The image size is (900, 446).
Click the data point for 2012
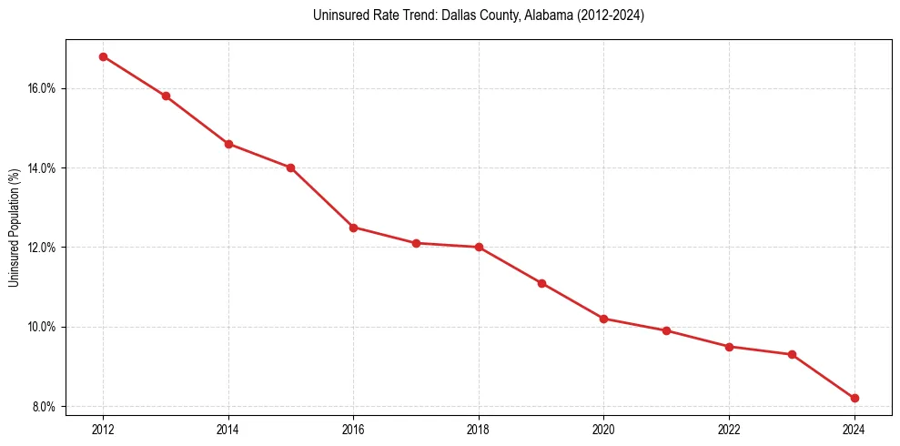click(103, 56)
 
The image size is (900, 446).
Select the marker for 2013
click(166, 96)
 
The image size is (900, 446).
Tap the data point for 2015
click(291, 167)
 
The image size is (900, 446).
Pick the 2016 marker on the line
click(353, 228)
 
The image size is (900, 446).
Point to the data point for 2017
click(416, 243)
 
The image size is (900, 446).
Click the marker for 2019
click(541, 283)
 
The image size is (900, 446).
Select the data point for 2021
click(666, 330)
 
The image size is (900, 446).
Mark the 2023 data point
click(792, 354)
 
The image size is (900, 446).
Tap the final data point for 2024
click(854, 398)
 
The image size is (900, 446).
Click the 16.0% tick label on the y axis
click(43, 88)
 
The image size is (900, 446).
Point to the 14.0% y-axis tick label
click(43, 168)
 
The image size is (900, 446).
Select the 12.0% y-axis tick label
click(43, 248)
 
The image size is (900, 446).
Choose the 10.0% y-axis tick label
click(43, 327)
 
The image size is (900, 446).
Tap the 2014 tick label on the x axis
click(228, 429)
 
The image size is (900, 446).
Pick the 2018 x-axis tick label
click(479, 429)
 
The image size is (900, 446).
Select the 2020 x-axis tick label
click(604, 429)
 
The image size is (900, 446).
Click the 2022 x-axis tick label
click(729, 429)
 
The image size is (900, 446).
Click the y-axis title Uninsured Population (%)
click(14, 228)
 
